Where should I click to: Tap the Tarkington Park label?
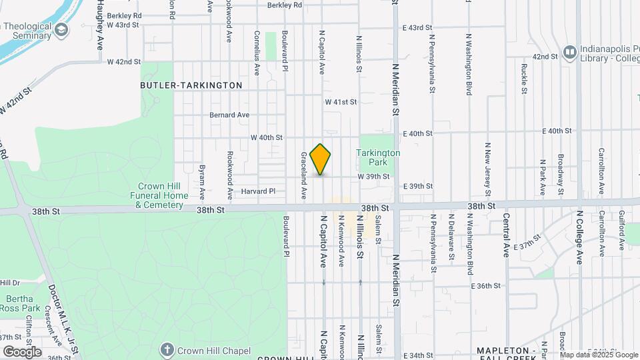pyautogui.click(x=378, y=157)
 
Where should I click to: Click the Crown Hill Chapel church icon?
pyautogui.click(x=167, y=350)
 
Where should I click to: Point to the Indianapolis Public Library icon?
pyautogui.click(x=569, y=51)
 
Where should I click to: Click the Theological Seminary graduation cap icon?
pyautogui.click(x=61, y=30)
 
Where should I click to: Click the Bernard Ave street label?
pyautogui.click(x=229, y=115)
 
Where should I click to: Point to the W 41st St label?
pyautogui.click(x=341, y=102)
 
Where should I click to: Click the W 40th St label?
pyautogui.click(x=267, y=137)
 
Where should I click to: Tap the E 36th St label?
pyautogui.click(x=485, y=286)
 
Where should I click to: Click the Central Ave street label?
pyautogui.click(x=507, y=236)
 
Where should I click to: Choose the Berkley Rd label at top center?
pyautogui.click(x=285, y=5)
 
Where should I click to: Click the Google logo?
pyautogui.click(x=22, y=351)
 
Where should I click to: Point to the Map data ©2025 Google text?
pyautogui.click(x=598, y=355)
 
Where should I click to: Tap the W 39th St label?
pyautogui.click(x=373, y=177)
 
